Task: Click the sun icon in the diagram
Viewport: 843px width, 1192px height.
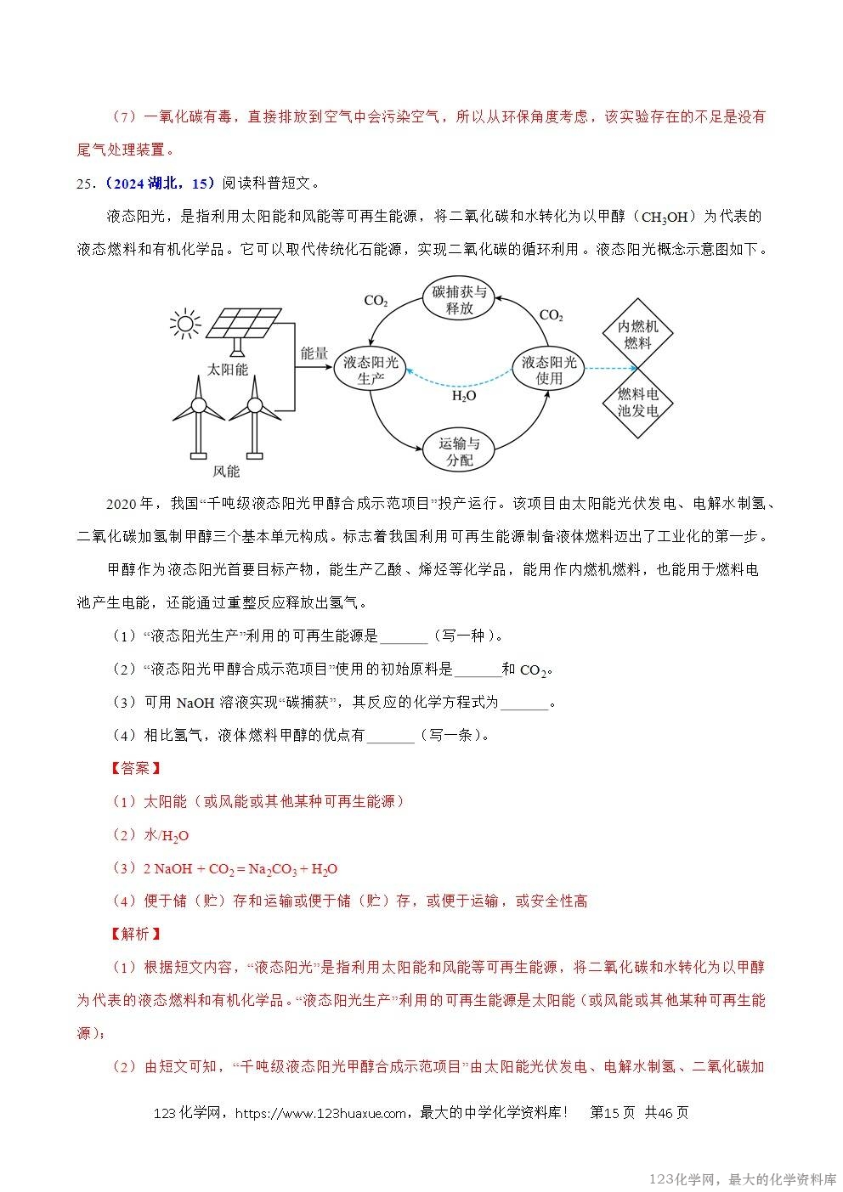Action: pyautogui.click(x=185, y=325)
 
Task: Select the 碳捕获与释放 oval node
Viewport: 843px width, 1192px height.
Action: pyautogui.click(x=460, y=300)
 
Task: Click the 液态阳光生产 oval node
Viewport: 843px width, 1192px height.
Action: pyautogui.click(x=371, y=370)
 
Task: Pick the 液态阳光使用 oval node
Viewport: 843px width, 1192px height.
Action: pyautogui.click(x=549, y=370)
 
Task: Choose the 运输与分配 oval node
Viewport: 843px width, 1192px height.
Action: pyautogui.click(x=460, y=452)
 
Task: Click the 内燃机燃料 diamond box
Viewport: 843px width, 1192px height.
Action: pyautogui.click(x=637, y=335)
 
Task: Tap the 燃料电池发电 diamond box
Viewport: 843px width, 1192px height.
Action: pyautogui.click(x=637, y=403)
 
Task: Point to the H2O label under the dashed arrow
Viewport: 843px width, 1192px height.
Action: pyautogui.click(x=463, y=396)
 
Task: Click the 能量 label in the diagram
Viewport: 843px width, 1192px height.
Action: pyautogui.click(x=314, y=353)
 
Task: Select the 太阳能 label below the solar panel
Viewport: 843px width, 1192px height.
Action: pyautogui.click(x=228, y=370)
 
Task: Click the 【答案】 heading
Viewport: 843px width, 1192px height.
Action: pyautogui.click(x=135, y=768)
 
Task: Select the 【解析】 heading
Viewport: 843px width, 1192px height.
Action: pyautogui.click(x=135, y=934)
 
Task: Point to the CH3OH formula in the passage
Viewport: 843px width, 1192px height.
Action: pyautogui.click(x=665, y=217)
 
